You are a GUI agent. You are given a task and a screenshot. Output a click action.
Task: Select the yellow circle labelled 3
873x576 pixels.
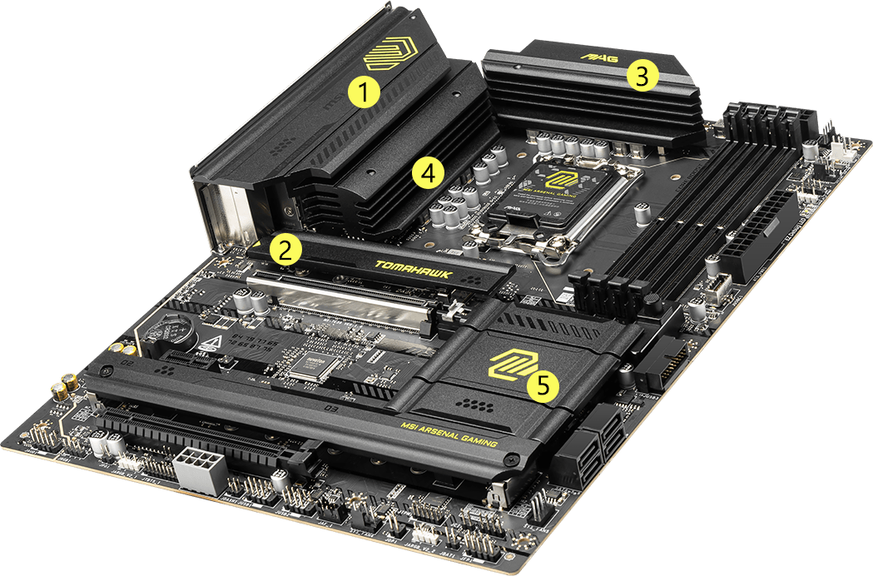click(x=642, y=76)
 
